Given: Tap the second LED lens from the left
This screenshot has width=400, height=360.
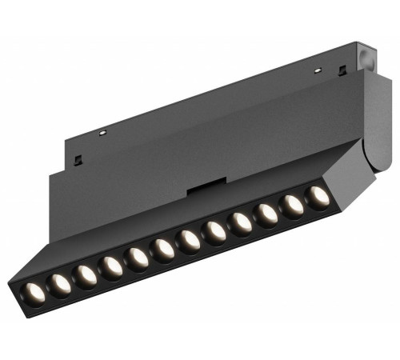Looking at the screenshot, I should (59, 282).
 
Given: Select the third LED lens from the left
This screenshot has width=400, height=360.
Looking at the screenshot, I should (86, 274).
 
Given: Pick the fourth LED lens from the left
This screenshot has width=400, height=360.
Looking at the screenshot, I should (111, 266).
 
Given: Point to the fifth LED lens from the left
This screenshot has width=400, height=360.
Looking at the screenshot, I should (138, 258).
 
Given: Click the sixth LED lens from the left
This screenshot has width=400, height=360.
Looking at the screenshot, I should (163, 249).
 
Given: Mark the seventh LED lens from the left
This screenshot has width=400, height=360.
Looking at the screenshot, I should (190, 240).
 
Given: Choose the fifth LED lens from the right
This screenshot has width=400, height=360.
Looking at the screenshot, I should (215, 231).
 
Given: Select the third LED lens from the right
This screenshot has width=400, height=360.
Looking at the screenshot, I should (266, 214).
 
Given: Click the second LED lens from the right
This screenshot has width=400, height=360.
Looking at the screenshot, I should (293, 205).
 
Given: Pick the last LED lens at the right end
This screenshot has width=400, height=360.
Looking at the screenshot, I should (318, 196).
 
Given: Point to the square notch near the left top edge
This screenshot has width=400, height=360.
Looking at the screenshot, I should (78, 159).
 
